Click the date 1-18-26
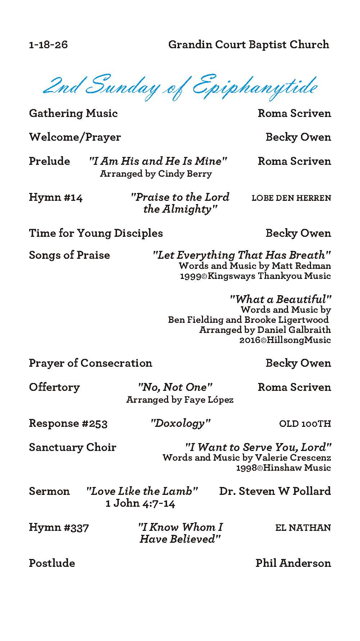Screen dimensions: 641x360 [48, 45]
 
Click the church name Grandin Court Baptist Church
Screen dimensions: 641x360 [248, 45]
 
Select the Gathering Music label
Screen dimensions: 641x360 [73, 113]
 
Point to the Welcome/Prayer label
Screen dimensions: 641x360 [75, 137]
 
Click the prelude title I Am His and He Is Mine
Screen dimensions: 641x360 [158, 161]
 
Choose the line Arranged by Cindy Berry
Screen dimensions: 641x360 [156, 174]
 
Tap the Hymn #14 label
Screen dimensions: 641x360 [56, 198]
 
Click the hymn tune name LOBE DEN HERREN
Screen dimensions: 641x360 [291, 198]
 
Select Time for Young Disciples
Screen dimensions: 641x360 [96, 233]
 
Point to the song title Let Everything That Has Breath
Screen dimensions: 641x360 [242, 255]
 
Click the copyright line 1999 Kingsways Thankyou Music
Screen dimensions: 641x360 [255, 276]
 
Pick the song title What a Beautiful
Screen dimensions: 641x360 [280, 299]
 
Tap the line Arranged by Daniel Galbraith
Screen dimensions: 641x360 [265, 330]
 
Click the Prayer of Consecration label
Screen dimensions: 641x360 [90, 363]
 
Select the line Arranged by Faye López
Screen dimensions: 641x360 [180, 400]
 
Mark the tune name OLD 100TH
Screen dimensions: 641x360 [305, 424]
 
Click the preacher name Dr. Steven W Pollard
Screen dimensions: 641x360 [275, 491]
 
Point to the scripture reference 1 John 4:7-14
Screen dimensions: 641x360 [140, 504]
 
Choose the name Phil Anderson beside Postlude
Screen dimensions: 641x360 [293, 563]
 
